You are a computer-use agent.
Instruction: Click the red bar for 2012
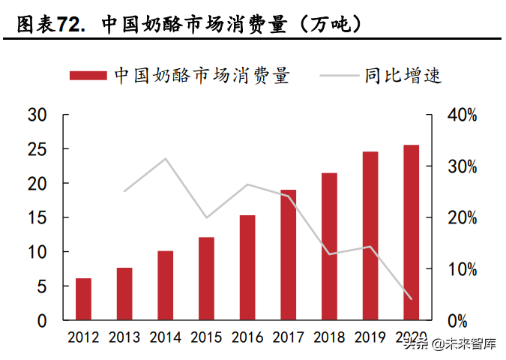coord(83,299)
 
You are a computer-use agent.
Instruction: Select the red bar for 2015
coord(206,278)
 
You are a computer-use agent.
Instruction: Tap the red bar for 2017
coord(289,255)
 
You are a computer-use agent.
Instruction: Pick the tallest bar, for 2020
coord(412,232)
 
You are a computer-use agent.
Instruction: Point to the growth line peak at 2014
coord(166,159)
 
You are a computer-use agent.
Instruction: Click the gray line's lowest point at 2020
coord(412,298)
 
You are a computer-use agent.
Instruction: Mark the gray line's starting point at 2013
coord(124,191)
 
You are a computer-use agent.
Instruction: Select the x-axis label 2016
coord(247,337)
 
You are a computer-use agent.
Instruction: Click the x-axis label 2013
coord(124,337)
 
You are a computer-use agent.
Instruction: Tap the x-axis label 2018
coord(329,337)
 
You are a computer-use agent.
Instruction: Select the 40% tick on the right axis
coord(462,115)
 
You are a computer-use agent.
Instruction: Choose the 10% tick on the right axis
coord(462,269)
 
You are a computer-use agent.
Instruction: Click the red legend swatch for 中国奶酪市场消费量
coord(89,75)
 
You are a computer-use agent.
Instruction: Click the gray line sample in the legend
coord(339,75)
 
